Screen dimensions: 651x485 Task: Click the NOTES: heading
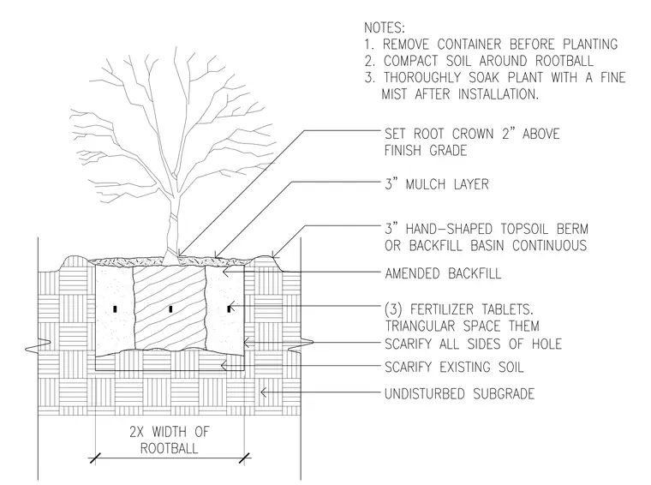(384, 27)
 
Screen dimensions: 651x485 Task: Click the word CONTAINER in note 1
(469, 44)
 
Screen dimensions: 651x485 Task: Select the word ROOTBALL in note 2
(564, 61)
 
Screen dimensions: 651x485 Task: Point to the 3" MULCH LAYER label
(437, 184)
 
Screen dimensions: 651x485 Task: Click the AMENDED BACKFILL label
(443, 273)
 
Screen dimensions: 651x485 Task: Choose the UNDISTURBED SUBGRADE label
(459, 393)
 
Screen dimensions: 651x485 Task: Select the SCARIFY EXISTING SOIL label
(454, 367)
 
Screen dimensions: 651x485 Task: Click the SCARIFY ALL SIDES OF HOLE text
(473, 344)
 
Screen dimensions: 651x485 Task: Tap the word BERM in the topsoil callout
(572, 229)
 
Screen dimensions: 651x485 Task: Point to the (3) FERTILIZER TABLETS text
(459, 309)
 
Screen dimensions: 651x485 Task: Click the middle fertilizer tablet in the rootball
(170, 309)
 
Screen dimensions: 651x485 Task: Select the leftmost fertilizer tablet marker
(116, 309)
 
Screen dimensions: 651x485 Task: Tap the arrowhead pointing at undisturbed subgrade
(263, 392)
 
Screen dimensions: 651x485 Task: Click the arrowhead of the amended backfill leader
(226, 272)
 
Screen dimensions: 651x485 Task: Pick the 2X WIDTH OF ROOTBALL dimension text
(170, 440)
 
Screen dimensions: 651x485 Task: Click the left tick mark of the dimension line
(95, 458)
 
